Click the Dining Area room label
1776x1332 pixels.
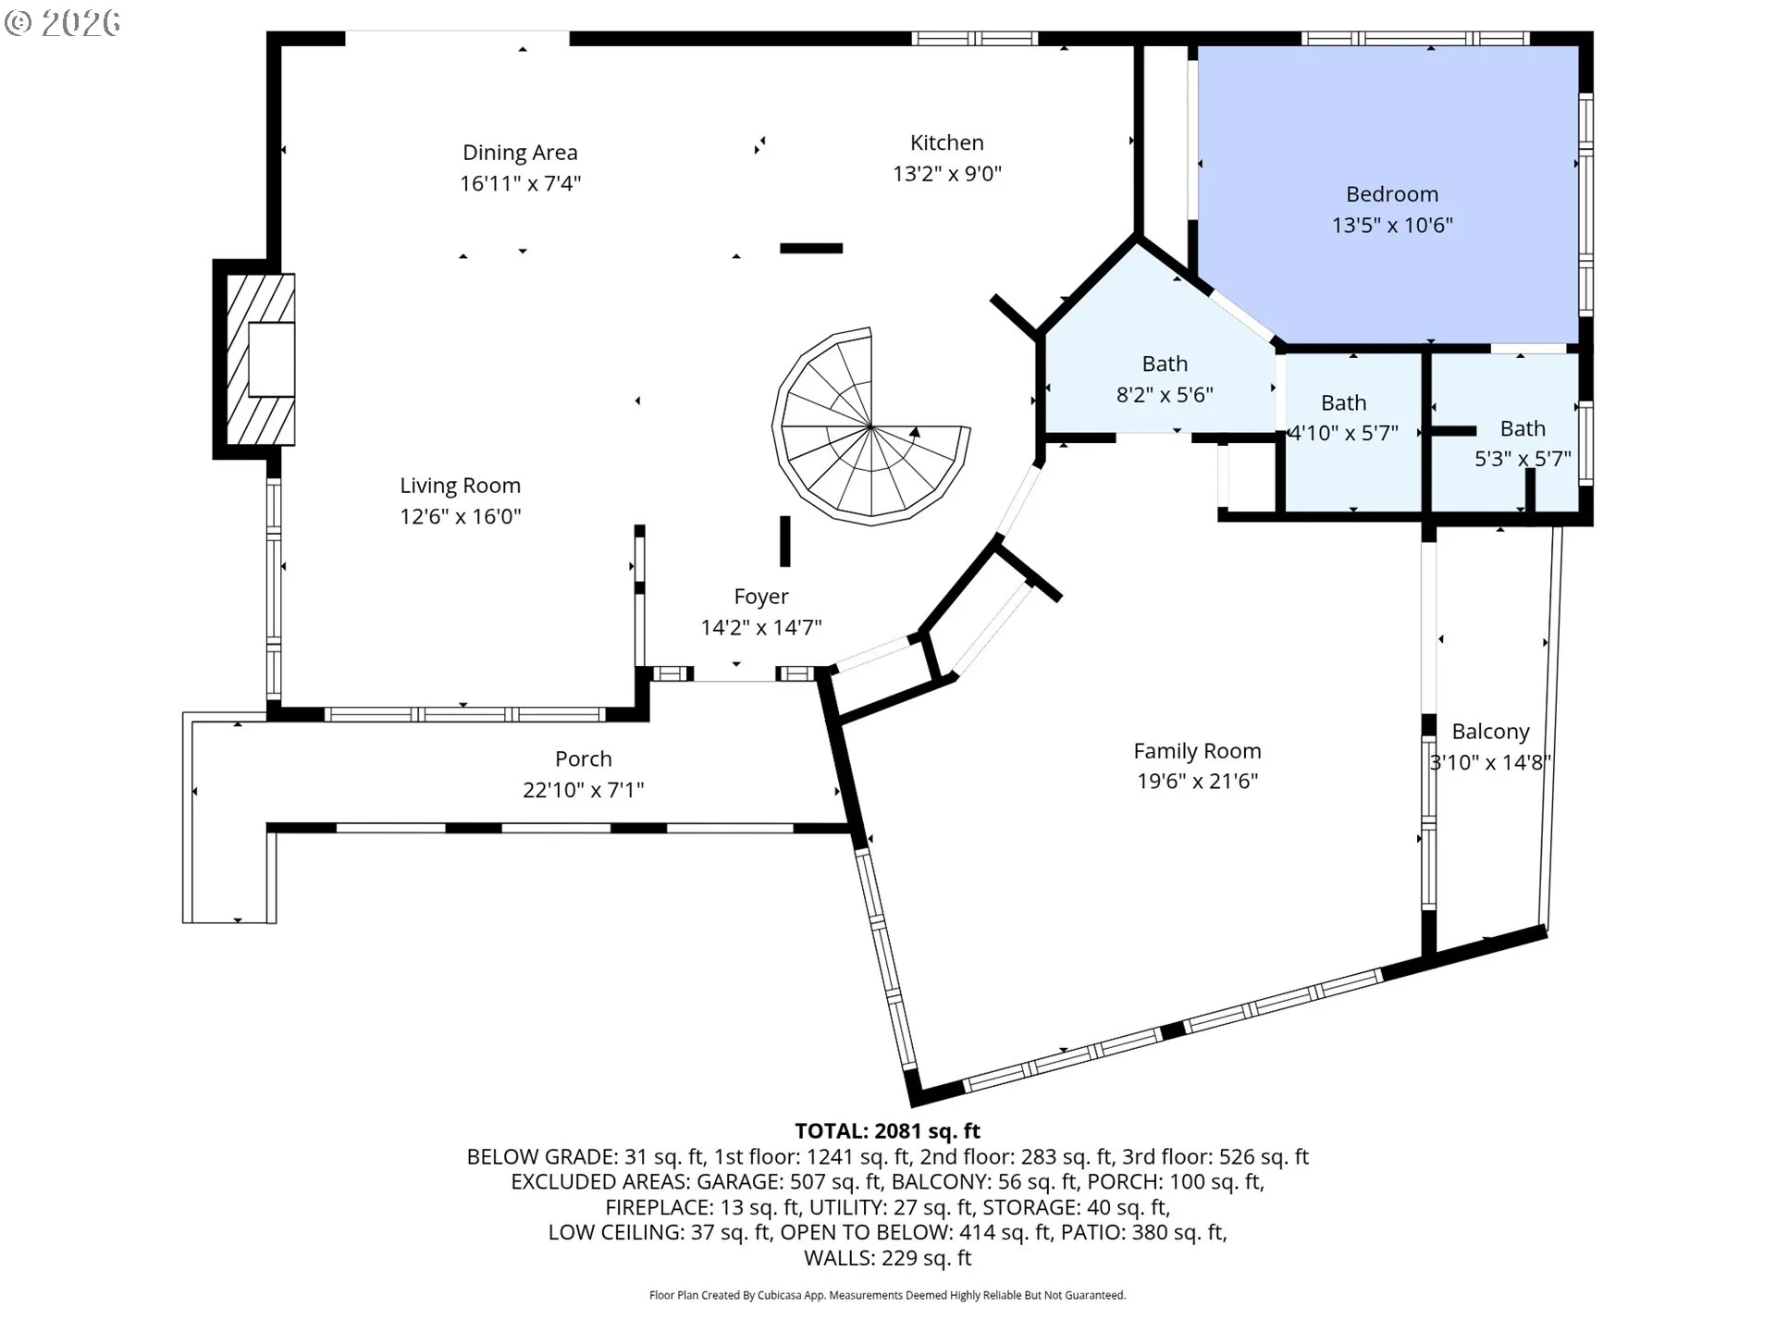point(520,153)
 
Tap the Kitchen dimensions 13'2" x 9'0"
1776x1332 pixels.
point(947,174)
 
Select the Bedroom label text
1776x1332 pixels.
point(1392,194)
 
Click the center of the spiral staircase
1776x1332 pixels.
point(871,426)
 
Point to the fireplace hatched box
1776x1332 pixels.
point(261,360)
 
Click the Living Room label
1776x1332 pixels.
point(460,486)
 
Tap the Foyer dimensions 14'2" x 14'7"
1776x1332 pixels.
point(761,628)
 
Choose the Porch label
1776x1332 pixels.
point(584,759)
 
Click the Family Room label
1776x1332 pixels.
point(1198,751)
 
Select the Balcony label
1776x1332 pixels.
point(1490,732)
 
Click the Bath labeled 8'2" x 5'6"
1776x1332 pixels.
point(1165,364)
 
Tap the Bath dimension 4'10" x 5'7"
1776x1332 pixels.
point(1343,433)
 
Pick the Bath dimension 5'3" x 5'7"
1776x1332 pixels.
point(1523,459)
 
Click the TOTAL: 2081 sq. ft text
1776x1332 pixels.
point(888,1130)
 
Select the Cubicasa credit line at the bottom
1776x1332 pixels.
point(888,1296)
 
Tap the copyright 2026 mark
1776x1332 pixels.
point(62,23)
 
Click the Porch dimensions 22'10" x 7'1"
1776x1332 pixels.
point(584,790)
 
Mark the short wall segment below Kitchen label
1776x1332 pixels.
point(811,248)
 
